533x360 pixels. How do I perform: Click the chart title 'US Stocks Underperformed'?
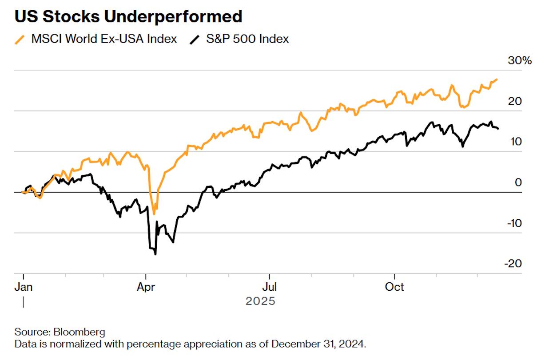click(128, 16)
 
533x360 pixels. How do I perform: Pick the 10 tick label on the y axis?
click(515, 142)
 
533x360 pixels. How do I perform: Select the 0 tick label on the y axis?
click(518, 182)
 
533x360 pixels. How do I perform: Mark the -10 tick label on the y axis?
click(514, 223)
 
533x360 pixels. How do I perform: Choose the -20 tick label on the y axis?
click(514, 263)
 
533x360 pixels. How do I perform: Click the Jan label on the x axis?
click(24, 287)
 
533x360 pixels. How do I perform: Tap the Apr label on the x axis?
click(146, 287)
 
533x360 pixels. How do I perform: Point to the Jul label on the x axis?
click(269, 287)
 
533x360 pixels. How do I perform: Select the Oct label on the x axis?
click(394, 287)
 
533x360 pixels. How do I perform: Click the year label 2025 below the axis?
click(260, 301)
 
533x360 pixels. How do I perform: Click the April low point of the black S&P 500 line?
click(155, 254)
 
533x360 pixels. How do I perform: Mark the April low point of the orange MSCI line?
click(154, 214)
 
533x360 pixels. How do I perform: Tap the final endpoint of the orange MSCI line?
click(497, 79)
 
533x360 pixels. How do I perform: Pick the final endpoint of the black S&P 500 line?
click(498, 129)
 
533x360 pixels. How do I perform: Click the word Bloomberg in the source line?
click(80, 332)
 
